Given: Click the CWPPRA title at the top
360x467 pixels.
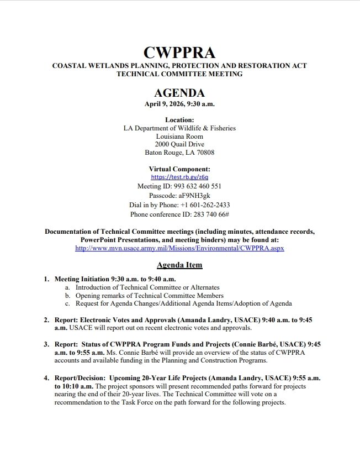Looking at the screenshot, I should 179,53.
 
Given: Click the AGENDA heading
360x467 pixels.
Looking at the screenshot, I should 179,93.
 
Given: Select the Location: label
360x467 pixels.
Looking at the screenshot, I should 179,120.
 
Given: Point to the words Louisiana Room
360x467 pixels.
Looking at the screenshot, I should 179,136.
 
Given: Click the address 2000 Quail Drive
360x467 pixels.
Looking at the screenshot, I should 179,144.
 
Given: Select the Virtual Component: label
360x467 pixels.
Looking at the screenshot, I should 179,169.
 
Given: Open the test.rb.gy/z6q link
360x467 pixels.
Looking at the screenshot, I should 179,177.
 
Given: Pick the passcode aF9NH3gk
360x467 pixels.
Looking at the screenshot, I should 194,196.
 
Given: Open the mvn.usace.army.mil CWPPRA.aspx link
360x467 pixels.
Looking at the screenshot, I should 179,249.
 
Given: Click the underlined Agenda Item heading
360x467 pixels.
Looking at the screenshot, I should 179,265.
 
